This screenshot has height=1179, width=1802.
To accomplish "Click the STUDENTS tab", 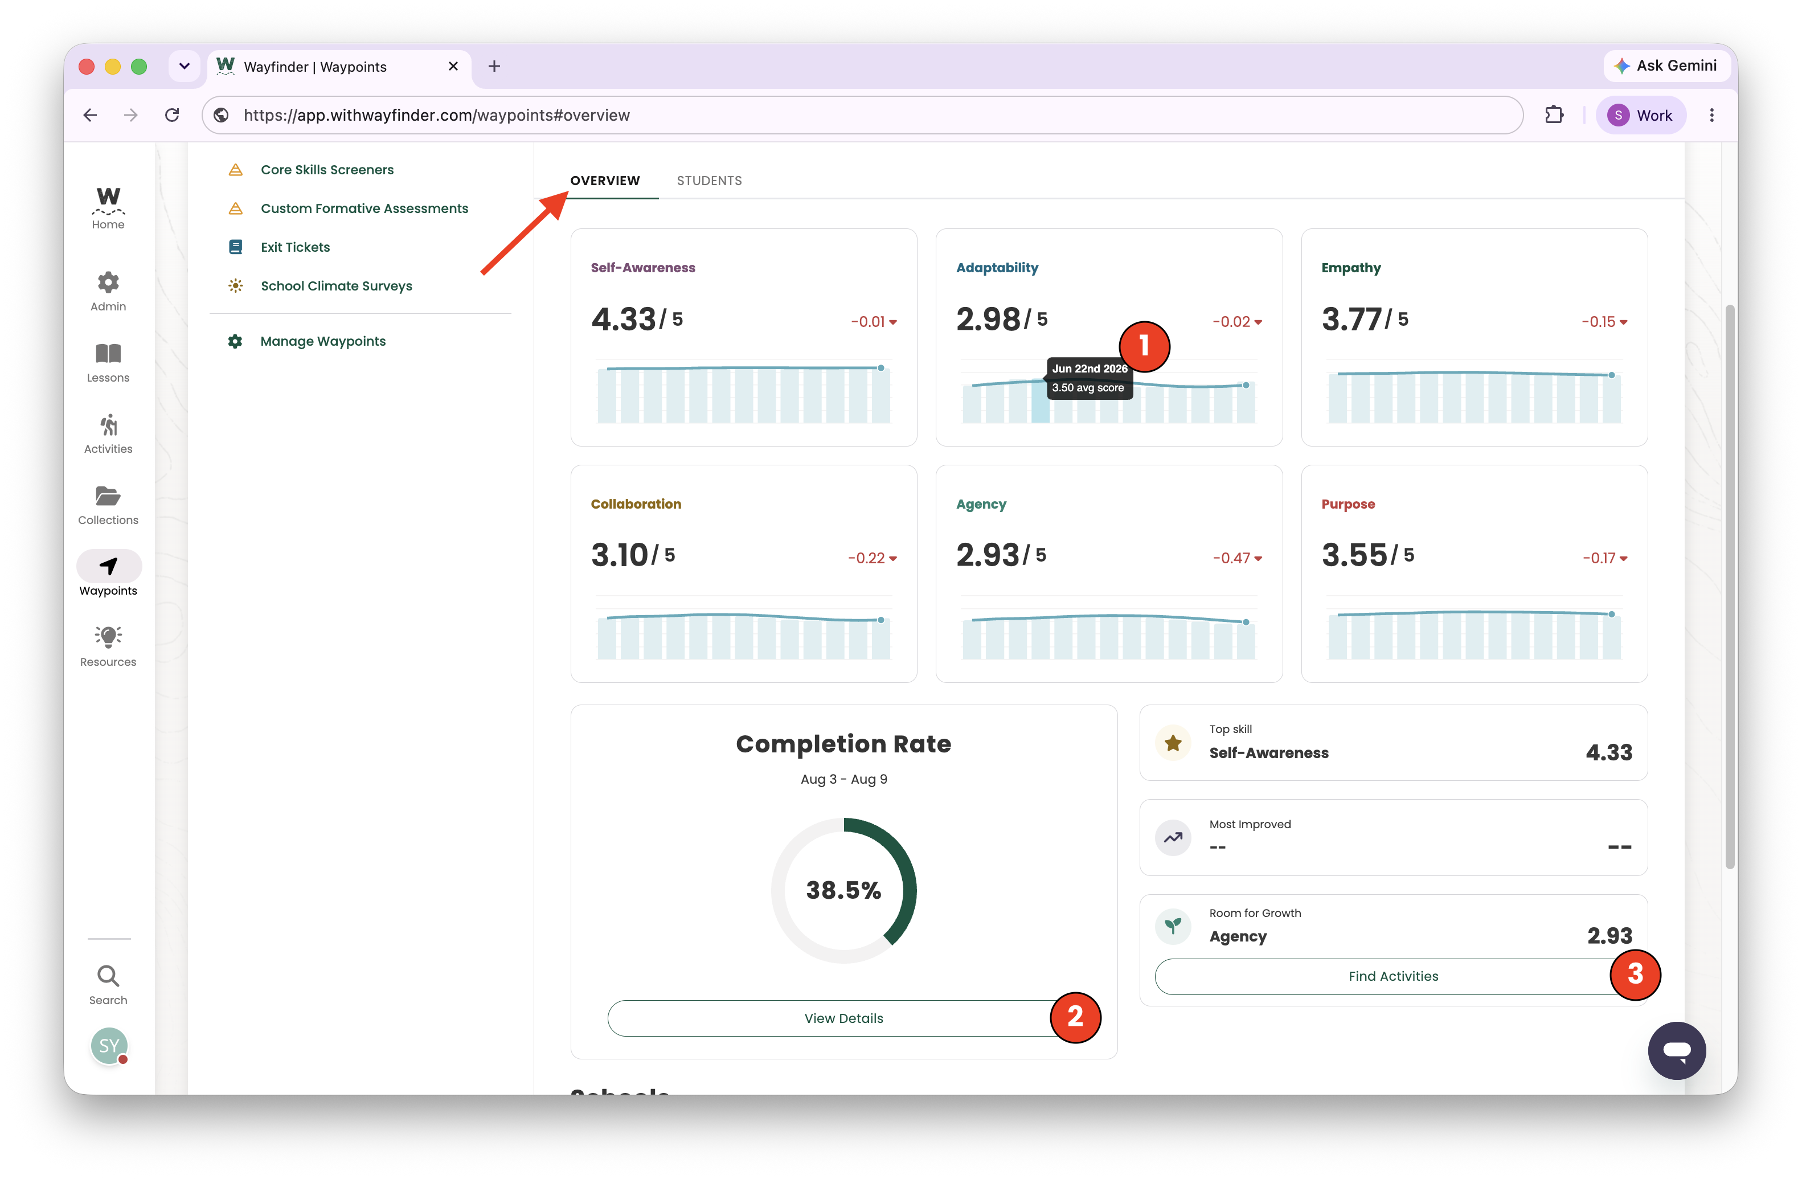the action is click(708, 180).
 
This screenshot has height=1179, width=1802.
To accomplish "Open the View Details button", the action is click(843, 1018).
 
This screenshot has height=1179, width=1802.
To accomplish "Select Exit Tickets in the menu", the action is click(295, 247).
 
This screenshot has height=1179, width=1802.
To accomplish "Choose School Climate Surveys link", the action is click(336, 285).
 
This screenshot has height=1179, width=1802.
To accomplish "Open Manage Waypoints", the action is click(322, 341).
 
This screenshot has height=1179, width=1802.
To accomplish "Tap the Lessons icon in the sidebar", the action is click(108, 354).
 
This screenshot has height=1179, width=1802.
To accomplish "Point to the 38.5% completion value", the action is click(843, 890).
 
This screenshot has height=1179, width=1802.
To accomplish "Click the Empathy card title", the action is click(1351, 267).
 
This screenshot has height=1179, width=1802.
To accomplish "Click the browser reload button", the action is click(172, 115).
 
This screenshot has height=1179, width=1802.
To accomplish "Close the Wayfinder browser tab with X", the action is click(453, 67).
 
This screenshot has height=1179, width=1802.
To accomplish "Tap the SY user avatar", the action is click(109, 1046).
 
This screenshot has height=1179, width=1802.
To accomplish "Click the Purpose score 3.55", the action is click(1354, 555).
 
